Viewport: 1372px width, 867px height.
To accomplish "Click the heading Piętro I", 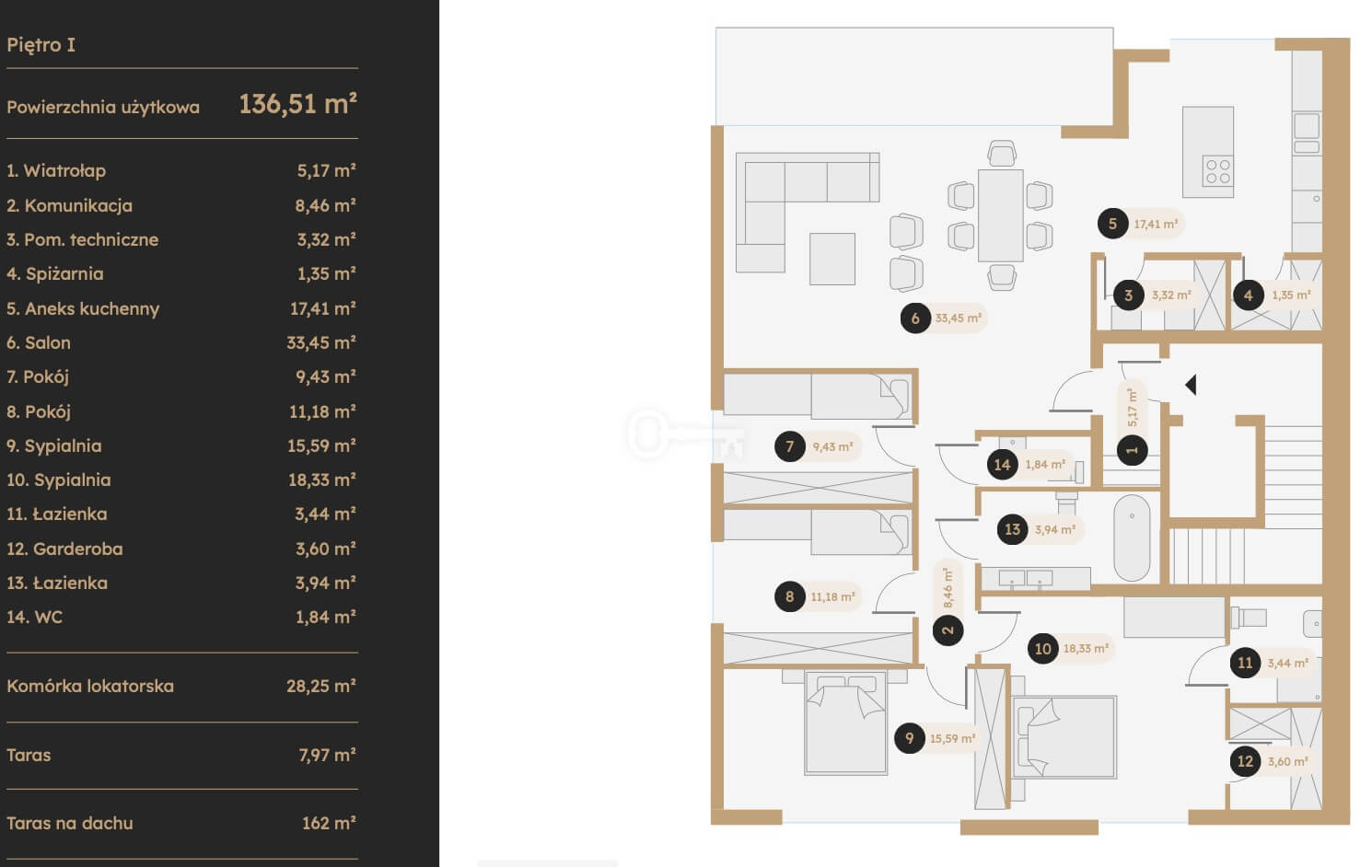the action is click(41, 45).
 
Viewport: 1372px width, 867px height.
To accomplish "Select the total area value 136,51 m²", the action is click(297, 103).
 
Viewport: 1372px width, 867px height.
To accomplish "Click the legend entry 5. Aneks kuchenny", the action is click(83, 308).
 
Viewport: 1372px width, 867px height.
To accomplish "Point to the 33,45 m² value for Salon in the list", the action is click(321, 342).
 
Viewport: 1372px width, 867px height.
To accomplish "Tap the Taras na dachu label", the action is click(70, 823).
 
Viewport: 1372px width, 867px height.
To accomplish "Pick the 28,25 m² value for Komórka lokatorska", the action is click(321, 686).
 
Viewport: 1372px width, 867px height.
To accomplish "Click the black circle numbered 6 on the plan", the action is click(915, 318).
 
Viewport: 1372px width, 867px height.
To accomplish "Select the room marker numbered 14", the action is click(1002, 465).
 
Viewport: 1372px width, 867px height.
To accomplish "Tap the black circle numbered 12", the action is click(1245, 761).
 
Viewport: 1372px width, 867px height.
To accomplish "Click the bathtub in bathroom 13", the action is click(1132, 538).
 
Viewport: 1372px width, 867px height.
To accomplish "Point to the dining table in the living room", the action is click(1000, 215).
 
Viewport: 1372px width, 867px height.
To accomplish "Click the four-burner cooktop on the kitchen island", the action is click(1217, 171).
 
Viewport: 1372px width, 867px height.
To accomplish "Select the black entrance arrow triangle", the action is click(1191, 385).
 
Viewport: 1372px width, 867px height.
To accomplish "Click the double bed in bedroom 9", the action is click(845, 722).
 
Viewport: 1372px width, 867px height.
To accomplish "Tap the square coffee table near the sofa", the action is click(831, 259).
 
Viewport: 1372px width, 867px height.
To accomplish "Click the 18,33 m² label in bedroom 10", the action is click(1086, 649).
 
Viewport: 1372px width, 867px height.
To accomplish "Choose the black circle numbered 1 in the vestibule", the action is click(1132, 451).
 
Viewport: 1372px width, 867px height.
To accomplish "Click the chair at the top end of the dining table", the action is click(1002, 154).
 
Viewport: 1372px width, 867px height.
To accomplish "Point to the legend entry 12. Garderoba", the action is click(64, 549).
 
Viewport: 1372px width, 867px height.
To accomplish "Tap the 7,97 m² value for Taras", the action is click(327, 755).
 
